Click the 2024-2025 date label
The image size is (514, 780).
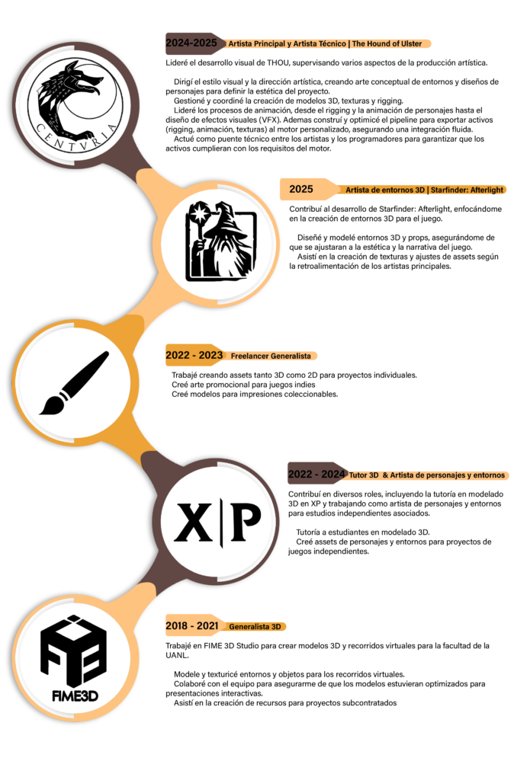point(191,43)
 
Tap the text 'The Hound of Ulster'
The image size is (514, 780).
point(387,44)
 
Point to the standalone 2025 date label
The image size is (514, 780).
point(300,189)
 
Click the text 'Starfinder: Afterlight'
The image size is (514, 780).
point(467,190)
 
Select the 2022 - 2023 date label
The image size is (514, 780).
point(194,356)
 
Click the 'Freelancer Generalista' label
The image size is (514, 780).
point(271,356)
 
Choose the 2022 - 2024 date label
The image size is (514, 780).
point(316,475)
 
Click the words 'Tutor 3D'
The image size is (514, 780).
point(364,475)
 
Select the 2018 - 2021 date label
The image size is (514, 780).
point(191,626)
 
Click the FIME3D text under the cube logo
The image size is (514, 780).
point(74,695)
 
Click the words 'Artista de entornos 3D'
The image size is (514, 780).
point(385,190)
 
